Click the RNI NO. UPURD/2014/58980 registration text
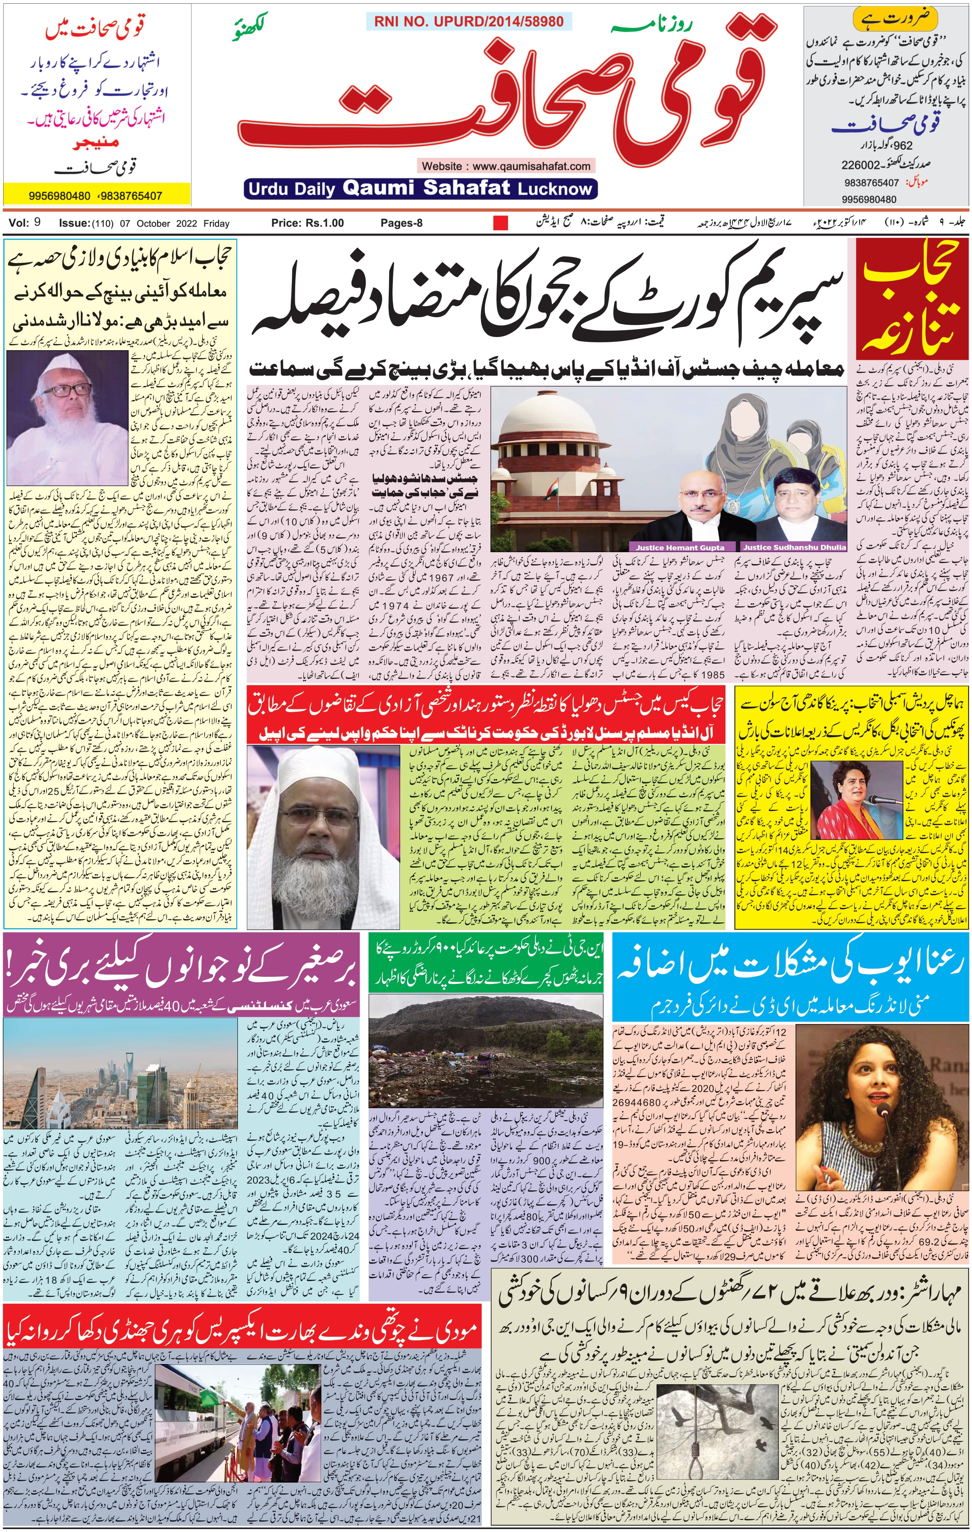[469, 22]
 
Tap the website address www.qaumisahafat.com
[506, 166]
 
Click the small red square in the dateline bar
[501, 223]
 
